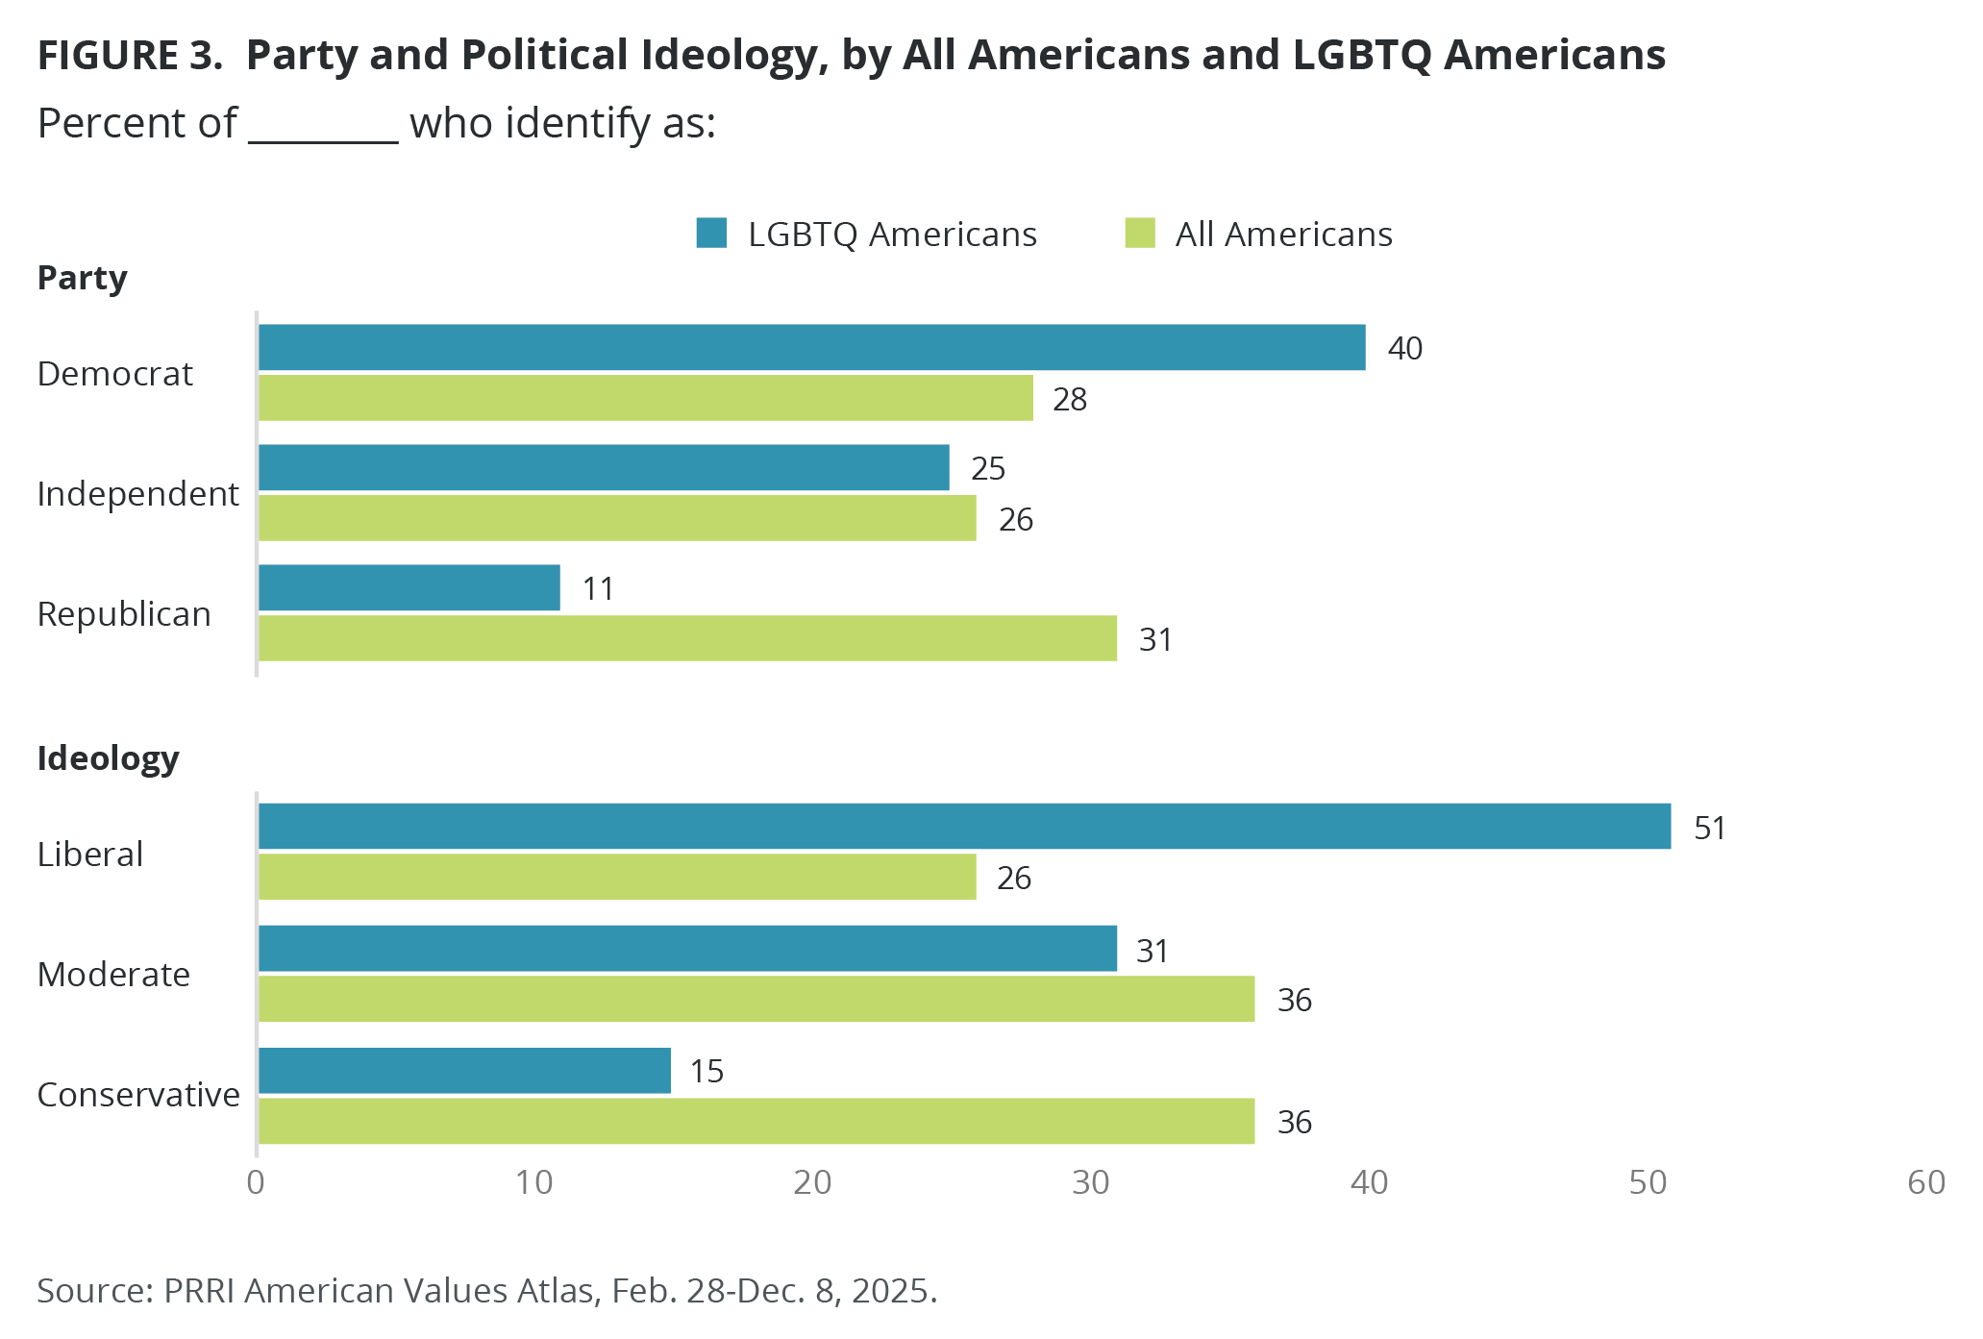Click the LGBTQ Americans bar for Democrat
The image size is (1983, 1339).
coord(812,347)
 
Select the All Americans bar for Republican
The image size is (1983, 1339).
coord(688,638)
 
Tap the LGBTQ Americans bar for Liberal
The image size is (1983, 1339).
coord(965,827)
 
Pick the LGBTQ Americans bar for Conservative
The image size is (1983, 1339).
coord(465,1071)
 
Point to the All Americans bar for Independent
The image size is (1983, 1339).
coord(618,518)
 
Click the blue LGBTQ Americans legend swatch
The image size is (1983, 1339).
coord(711,234)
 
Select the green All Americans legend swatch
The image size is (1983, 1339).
coord(1140,234)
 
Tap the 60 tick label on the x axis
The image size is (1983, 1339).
coord(1926,1182)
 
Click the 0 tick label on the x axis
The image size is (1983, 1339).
coord(256,1182)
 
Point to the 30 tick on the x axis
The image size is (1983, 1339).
coord(1091,1182)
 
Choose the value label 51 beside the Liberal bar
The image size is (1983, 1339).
coord(1710,828)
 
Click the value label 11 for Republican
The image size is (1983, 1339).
coord(598,588)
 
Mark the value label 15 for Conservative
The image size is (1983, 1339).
coord(706,1071)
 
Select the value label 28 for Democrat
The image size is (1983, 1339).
coord(1070,399)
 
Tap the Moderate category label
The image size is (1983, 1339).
coord(113,975)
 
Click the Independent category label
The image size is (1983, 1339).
coord(137,494)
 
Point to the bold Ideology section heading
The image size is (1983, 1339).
coord(108,758)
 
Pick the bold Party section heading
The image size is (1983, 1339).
coord(82,278)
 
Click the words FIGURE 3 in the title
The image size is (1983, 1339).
coord(129,56)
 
